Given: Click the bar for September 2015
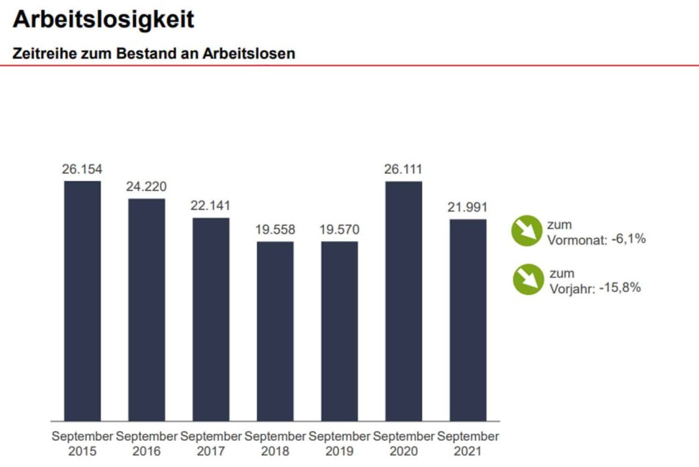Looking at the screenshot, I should coord(82,300).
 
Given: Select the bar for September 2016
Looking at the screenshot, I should coord(146,310).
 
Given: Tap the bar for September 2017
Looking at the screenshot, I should coord(210,319).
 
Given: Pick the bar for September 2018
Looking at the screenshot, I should coord(275,331).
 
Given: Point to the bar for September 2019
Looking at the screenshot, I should coord(339,331).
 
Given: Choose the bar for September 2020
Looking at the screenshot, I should coord(404,300).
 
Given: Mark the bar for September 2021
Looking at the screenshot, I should coord(468,320).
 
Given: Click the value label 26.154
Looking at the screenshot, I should coord(82,169).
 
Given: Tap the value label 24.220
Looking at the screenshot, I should coord(146,187).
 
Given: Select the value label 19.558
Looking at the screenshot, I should coord(275,230).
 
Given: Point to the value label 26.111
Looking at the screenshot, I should coord(404,169).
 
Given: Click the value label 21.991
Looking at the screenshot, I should coord(468,208).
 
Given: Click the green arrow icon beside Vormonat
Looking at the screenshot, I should coord(527,231).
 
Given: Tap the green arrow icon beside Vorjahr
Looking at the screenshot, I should coord(527,280).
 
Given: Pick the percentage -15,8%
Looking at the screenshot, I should coord(620,287).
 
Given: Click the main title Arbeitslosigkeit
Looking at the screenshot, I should coord(103,20).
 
